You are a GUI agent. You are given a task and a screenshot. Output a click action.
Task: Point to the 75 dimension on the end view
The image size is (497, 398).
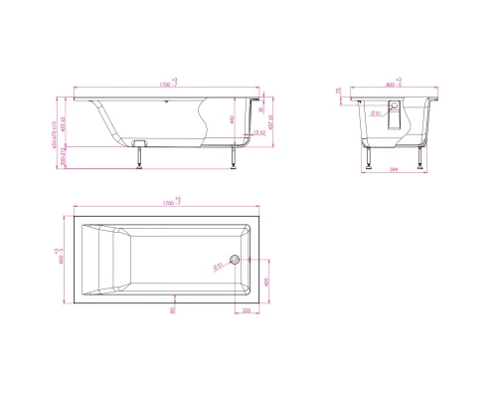point(339,92)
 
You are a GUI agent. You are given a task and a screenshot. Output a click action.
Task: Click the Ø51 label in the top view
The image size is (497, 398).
point(218,264)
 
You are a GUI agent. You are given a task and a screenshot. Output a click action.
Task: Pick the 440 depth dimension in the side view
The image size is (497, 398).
point(232,119)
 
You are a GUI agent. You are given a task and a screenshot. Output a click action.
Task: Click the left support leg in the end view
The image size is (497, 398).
point(367,159)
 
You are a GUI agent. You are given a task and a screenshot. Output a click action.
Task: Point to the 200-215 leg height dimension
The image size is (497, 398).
point(60,156)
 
